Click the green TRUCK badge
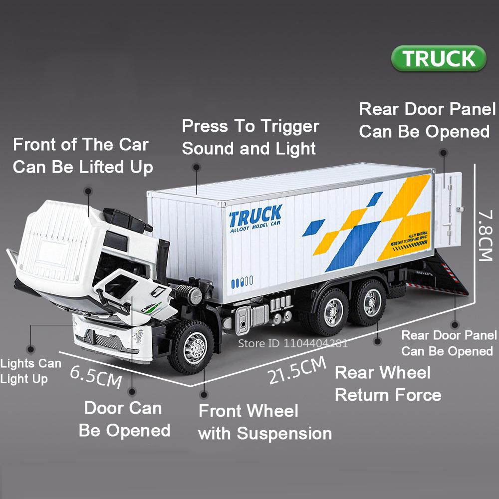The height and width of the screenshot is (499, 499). tap(439, 58)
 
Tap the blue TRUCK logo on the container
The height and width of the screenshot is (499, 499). tap(255, 217)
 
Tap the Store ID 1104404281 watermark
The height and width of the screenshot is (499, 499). tap(292, 343)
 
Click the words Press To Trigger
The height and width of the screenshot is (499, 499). tap(250, 126)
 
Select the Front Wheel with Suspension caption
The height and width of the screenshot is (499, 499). tap(265, 422)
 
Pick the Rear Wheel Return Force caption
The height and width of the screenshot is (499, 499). tap(388, 384)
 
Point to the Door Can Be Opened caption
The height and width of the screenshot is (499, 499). tap(124, 419)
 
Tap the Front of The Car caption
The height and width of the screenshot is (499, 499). tap(81, 145)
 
